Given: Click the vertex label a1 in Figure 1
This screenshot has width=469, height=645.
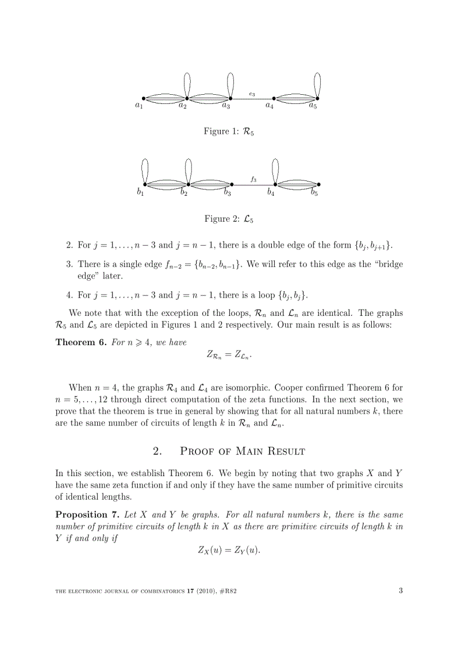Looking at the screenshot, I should (x=139, y=105).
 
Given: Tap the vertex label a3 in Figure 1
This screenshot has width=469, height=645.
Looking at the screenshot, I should (x=226, y=105).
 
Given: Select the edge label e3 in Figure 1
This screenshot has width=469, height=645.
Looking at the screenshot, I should (x=252, y=94).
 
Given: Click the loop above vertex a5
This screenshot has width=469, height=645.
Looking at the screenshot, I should (x=317, y=85).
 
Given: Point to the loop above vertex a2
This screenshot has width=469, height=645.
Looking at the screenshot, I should (x=187, y=85).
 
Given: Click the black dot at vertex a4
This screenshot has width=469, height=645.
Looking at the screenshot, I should (x=274, y=98).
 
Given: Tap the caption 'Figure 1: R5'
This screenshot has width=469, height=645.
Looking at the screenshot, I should (x=229, y=132).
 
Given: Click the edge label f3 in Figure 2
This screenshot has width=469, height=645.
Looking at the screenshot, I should (x=253, y=179).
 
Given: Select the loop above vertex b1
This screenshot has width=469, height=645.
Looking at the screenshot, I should (x=145, y=171).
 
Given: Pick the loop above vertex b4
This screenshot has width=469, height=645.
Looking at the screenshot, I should (x=275, y=171).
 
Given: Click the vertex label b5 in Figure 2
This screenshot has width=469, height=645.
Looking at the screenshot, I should (x=314, y=192).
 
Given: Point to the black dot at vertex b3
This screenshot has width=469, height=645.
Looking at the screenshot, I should (x=232, y=184).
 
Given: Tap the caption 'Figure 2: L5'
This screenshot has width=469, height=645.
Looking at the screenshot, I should (x=229, y=219).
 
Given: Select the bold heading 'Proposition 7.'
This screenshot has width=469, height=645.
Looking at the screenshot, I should (x=87, y=515).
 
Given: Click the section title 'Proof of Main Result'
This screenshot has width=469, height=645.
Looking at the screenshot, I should (x=242, y=451).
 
